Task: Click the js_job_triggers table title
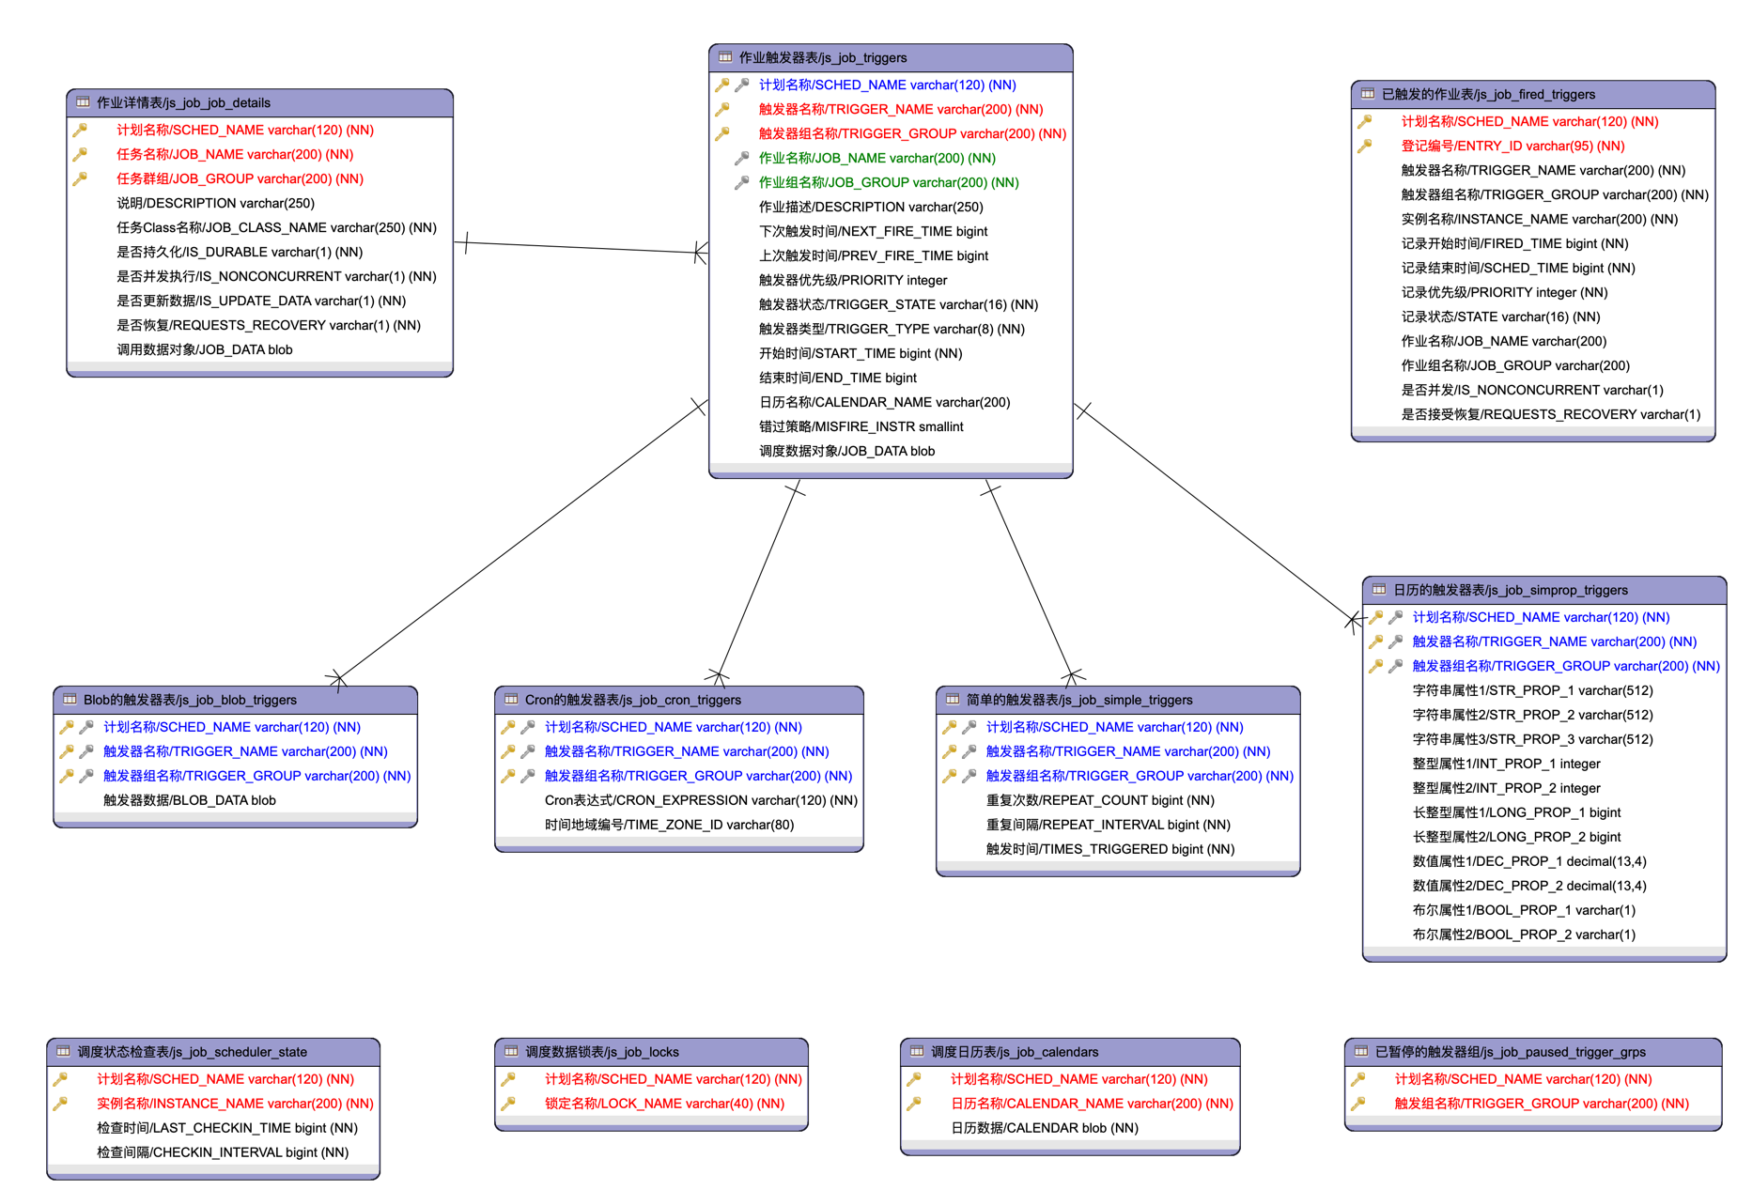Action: click(822, 57)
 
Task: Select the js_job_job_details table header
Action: click(183, 102)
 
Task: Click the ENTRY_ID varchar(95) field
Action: click(1512, 146)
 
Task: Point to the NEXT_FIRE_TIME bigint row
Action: click(873, 231)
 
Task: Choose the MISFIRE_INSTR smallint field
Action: click(861, 426)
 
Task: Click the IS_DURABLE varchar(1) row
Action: click(239, 252)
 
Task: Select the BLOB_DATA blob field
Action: click(189, 800)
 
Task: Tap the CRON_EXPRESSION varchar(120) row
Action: click(701, 800)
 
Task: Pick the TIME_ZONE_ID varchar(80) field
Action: click(669, 825)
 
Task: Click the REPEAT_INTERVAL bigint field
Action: click(1108, 825)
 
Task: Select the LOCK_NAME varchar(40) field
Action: click(664, 1104)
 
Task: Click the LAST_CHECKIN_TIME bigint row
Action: click(226, 1128)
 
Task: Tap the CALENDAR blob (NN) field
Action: click(1044, 1128)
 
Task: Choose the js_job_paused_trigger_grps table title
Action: click(1510, 1052)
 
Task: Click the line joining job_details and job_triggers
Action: click(582, 247)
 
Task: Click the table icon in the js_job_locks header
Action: click(511, 1052)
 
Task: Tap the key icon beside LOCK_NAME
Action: click(508, 1104)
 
